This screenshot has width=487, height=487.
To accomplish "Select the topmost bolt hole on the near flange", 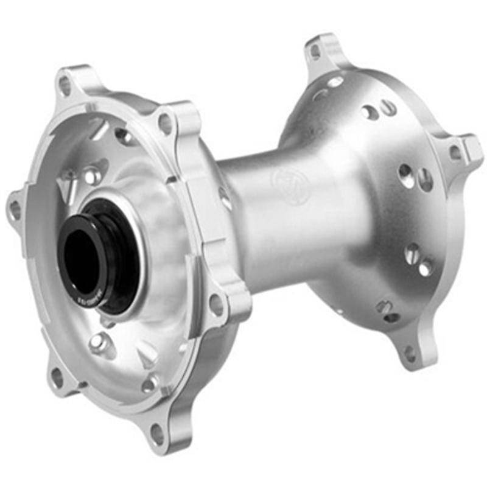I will pyautogui.click(x=65, y=85).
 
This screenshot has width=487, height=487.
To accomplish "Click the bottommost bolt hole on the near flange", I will pyautogui.click(x=156, y=433).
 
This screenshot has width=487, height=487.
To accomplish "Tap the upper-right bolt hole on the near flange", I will pyautogui.click(x=165, y=124).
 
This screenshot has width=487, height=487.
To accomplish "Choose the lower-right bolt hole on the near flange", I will pyautogui.click(x=215, y=303).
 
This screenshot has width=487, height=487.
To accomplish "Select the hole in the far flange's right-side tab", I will pyautogui.click(x=455, y=152).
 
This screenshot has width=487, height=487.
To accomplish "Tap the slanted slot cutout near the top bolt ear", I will pyautogui.click(x=97, y=129).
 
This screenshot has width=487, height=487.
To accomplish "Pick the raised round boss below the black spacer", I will pyautogui.click(x=98, y=344).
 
